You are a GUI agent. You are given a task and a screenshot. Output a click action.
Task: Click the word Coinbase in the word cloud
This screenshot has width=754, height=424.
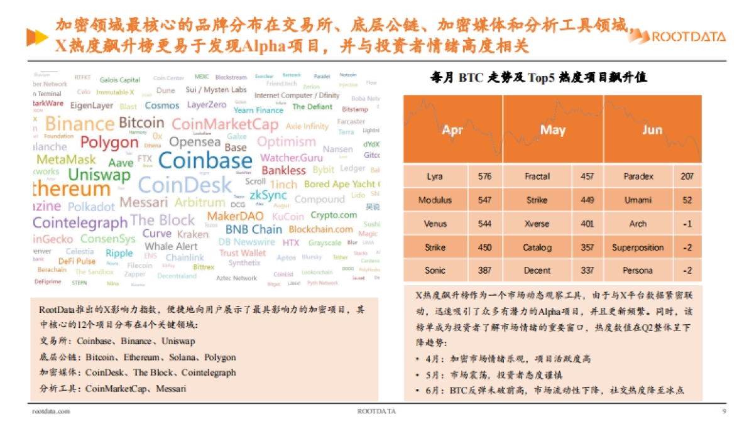pos(205,161)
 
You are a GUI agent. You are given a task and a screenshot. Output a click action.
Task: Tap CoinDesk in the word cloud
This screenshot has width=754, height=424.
pos(184,185)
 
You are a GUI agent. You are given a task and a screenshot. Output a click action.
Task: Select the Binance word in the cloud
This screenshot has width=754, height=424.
pos(80,124)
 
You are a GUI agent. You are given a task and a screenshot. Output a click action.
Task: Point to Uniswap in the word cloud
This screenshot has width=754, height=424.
pos(99,175)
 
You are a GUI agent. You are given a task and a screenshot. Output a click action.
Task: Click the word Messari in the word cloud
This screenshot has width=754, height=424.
pos(144,203)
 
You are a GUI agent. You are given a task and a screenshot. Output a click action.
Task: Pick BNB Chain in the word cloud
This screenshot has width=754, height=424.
pos(253,229)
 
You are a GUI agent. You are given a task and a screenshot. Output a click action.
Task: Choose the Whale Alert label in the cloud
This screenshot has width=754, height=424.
pos(171,246)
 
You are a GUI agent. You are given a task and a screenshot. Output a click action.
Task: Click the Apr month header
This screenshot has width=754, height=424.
pos(452,130)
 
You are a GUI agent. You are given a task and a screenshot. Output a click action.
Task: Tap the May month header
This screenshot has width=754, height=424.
pos(553,130)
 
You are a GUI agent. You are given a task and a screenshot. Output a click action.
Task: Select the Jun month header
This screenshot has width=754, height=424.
pos(652,130)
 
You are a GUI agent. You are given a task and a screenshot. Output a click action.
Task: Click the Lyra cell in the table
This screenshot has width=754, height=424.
pos(435,177)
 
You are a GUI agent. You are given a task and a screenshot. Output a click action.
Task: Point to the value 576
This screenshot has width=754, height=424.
pos(484,177)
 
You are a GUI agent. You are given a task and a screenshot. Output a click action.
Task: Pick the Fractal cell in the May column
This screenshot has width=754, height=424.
pos(537,177)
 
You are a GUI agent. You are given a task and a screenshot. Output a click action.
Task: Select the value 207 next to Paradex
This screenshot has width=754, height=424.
pos(687,177)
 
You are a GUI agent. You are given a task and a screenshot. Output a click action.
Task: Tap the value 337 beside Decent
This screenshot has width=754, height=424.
pos(587,271)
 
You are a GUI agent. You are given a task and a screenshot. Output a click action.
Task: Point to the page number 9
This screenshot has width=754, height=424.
pos(724,411)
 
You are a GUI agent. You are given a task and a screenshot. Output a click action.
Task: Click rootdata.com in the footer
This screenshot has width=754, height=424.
pos(51,411)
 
